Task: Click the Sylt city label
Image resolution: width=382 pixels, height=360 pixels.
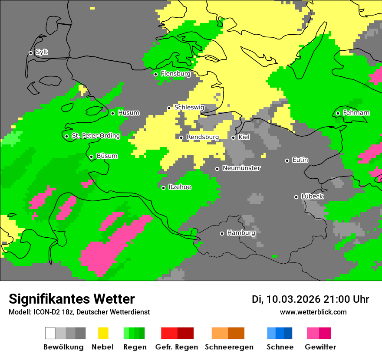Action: coord(42,52)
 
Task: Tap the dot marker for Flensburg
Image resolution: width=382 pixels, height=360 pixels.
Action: coord(155,74)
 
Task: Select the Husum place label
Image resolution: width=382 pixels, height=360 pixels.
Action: coord(128,113)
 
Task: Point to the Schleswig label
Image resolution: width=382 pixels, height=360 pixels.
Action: coord(189,107)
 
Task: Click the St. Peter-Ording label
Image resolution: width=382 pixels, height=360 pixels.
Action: coord(95,136)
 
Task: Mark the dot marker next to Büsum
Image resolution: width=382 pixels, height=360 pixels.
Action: coord(91,157)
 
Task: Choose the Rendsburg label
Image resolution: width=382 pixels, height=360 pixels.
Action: coord(202,137)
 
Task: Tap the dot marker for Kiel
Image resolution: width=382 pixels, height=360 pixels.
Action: coord(233,137)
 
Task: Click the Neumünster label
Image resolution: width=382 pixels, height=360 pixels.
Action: coord(241,168)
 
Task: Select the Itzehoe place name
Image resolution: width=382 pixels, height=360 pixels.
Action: coord(180,187)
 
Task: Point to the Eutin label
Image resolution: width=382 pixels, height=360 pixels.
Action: coord(300,160)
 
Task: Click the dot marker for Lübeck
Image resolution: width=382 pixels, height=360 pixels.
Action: coord(296,197)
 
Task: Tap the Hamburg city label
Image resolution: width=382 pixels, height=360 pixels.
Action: coord(241,233)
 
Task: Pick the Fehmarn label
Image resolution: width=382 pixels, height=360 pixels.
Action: coord(356,113)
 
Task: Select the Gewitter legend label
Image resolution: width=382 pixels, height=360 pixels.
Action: coord(320,347)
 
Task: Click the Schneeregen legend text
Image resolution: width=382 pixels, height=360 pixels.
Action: coord(229,347)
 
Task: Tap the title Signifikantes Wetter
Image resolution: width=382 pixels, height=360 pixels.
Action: coord(72,299)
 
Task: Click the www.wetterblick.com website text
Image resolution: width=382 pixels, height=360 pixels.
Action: coord(313,312)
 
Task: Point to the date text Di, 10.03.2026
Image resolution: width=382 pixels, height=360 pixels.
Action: coord(286,299)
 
